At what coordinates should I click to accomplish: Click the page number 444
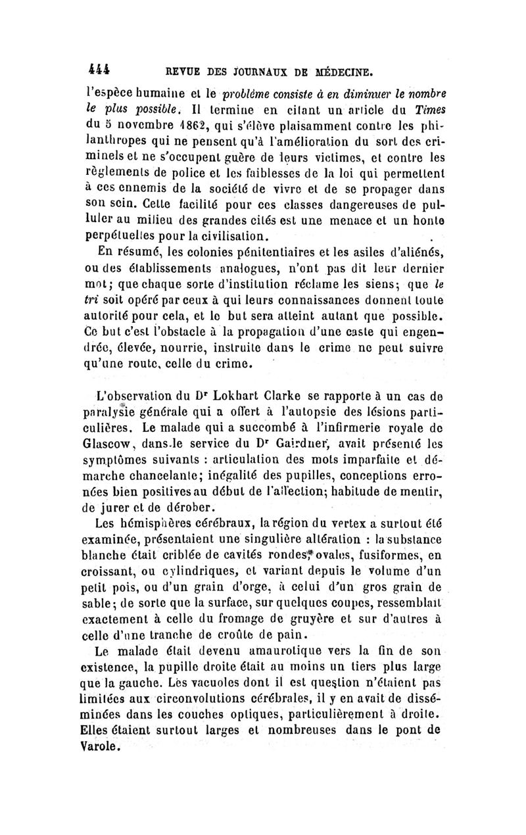[x=97, y=67]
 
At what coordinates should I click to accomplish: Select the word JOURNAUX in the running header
[x=241, y=68]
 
